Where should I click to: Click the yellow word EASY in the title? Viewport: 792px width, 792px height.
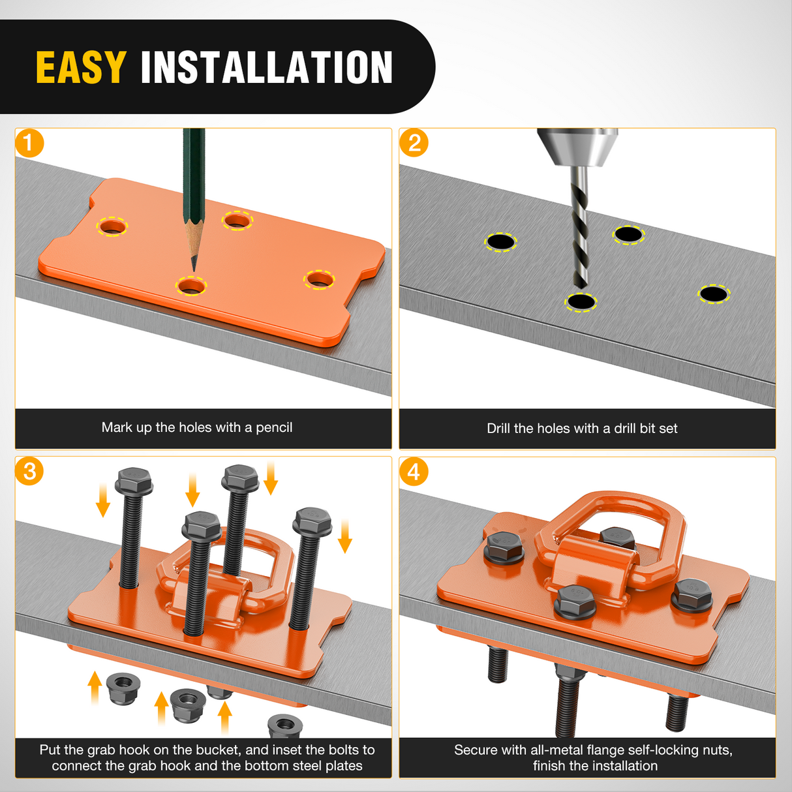point(81,67)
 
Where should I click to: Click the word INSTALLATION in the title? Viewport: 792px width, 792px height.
point(266,67)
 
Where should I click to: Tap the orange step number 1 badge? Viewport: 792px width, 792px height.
point(29,143)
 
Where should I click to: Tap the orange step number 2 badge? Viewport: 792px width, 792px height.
point(414,143)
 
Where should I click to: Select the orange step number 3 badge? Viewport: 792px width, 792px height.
point(29,471)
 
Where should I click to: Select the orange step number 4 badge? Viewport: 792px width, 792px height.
point(414,471)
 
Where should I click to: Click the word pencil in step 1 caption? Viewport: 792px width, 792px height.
point(274,428)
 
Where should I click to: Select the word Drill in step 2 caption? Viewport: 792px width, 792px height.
point(498,429)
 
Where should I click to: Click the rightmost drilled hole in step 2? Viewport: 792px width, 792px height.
point(714,294)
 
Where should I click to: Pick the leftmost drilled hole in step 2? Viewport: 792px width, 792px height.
point(500,241)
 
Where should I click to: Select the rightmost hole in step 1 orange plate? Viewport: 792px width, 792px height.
point(319,280)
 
